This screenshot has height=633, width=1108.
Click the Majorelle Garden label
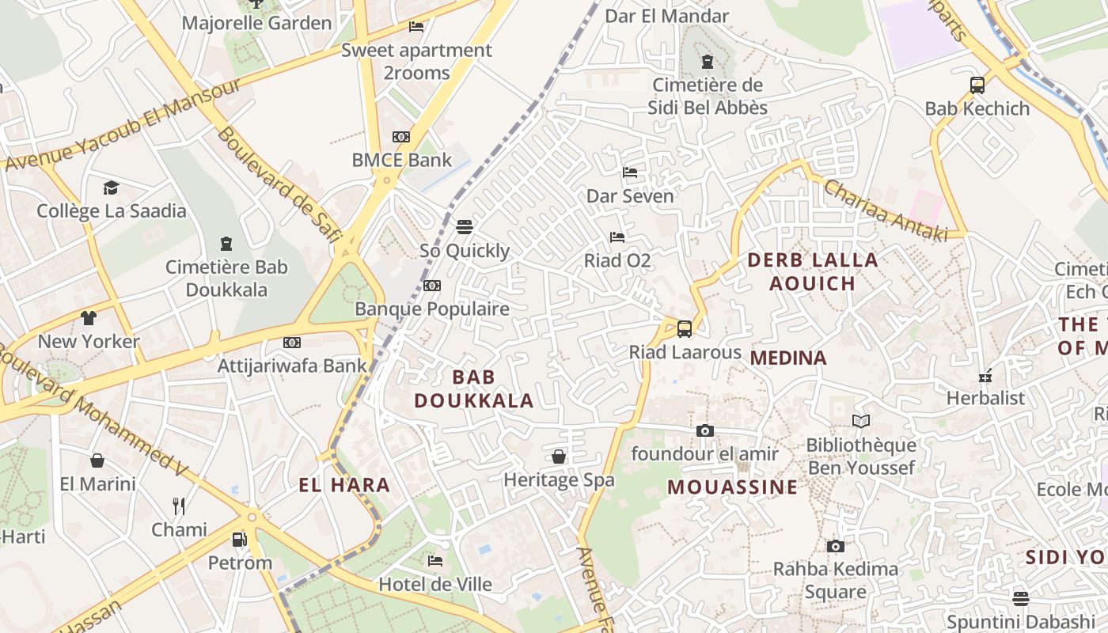pyautogui.click(x=256, y=23)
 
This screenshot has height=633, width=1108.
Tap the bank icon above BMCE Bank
pyautogui.click(x=401, y=137)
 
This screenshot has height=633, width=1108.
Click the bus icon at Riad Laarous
pyautogui.click(x=685, y=329)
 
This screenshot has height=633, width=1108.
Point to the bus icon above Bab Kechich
pyautogui.click(x=977, y=85)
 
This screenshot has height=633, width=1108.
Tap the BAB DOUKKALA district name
pyautogui.click(x=474, y=389)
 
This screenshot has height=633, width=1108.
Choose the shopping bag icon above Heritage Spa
pyautogui.click(x=559, y=457)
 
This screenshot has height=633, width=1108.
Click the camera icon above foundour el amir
pyautogui.click(x=704, y=430)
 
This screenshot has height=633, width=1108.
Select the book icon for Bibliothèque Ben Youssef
pyautogui.click(x=861, y=422)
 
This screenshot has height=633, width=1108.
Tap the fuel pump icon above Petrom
pyautogui.click(x=239, y=540)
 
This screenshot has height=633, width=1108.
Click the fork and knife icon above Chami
pyautogui.click(x=179, y=506)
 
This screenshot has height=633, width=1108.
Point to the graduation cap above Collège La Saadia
pyautogui.click(x=111, y=188)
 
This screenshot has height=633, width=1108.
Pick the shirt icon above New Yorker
pyautogui.click(x=88, y=318)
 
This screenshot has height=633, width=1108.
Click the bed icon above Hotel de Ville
pyautogui.click(x=435, y=561)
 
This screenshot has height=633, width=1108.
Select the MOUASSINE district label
pyautogui.click(x=732, y=487)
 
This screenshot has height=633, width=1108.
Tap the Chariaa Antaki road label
pyautogui.click(x=885, y=210)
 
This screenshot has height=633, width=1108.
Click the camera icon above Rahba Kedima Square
pyautogui.click(x=835, y=546)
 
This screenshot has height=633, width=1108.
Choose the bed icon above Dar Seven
pyautogui.click(x=630, y=172)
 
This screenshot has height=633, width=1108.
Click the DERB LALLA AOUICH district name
pyautogui.click(x=813, y=271)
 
